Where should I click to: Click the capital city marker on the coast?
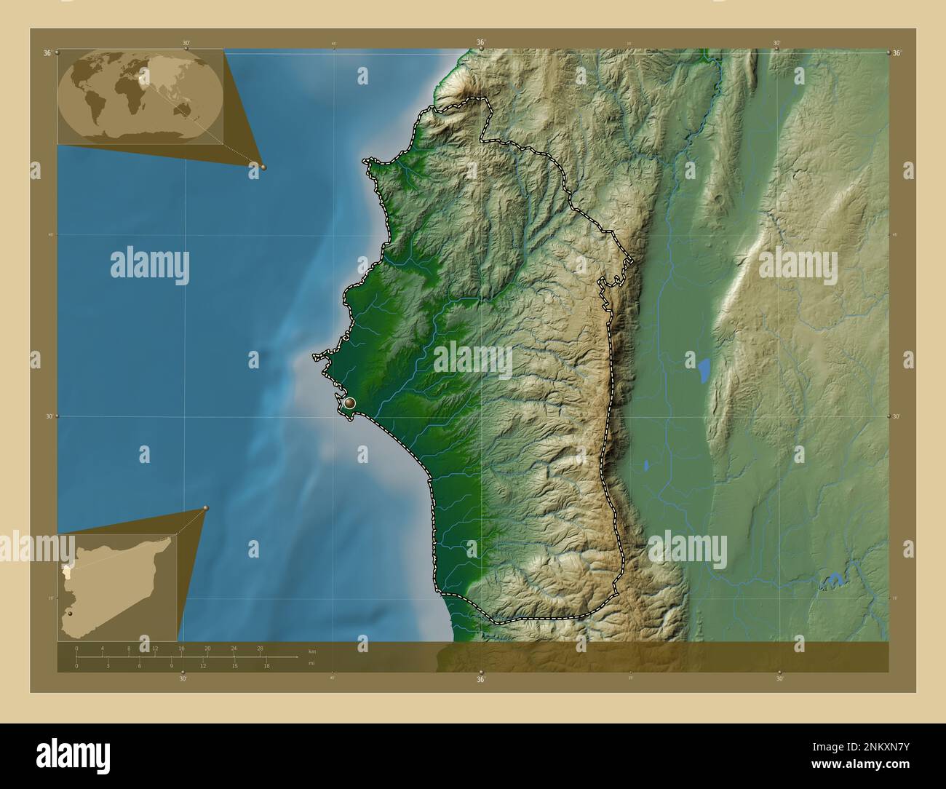350,403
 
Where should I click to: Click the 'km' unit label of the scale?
312,651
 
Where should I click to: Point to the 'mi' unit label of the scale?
311,664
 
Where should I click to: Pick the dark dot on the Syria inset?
70,614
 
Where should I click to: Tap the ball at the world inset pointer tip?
263,167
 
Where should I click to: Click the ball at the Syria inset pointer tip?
206,509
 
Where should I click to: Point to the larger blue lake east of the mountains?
704,370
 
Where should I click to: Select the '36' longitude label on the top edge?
481,43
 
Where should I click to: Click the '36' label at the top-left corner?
47,52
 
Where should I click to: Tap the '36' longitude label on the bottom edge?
481,680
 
